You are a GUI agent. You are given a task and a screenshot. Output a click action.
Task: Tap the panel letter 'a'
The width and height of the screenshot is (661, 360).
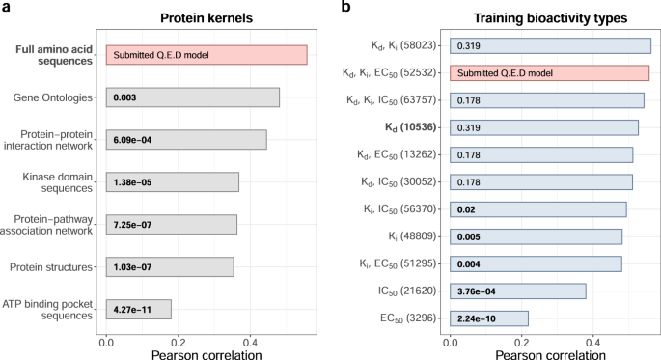(x=7, y=10)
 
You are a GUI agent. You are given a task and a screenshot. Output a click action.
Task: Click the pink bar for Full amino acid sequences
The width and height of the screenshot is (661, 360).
(x=206, y=55)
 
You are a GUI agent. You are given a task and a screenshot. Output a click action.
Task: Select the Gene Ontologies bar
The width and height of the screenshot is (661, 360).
(x=192, y=97)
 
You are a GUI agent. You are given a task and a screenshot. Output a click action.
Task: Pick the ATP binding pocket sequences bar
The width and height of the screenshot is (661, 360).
(x=138, y=309)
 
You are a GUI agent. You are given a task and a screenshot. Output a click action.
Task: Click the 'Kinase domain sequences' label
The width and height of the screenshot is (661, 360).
(x=54, y=182)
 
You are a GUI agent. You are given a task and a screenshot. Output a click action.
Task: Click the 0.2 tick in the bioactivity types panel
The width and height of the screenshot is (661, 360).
(x=521, y=340)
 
